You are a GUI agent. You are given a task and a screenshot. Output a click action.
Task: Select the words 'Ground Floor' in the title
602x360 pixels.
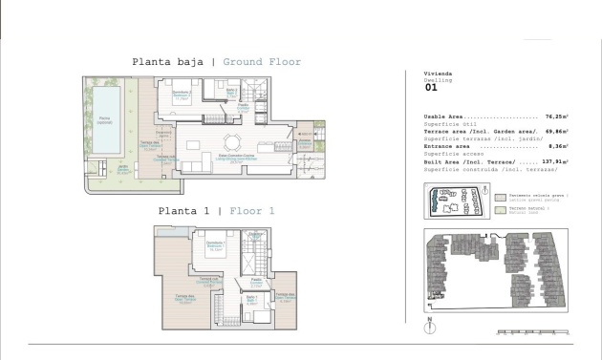click(262, 62)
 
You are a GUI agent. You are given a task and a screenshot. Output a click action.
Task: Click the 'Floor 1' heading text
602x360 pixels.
click(244, 211)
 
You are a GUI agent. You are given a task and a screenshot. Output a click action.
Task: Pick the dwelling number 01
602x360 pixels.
click(430, 87)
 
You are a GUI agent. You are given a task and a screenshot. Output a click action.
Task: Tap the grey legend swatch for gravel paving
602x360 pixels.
click(501, 195)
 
